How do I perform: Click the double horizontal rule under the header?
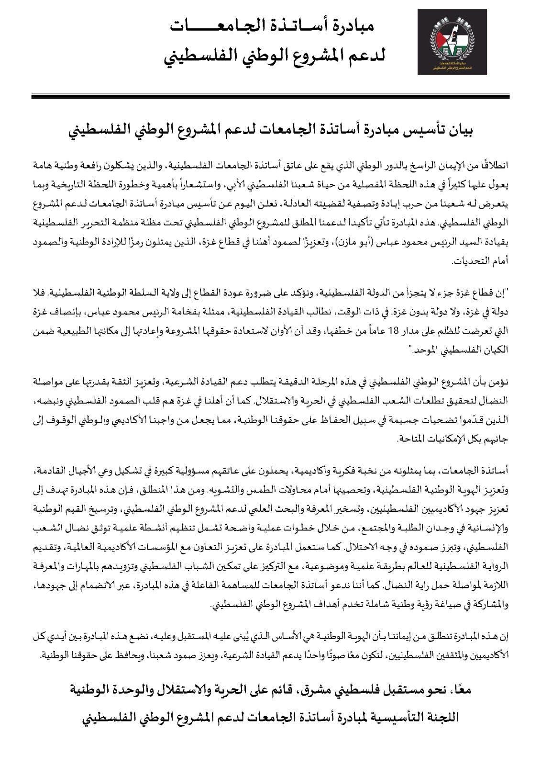[x=270, y=96]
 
